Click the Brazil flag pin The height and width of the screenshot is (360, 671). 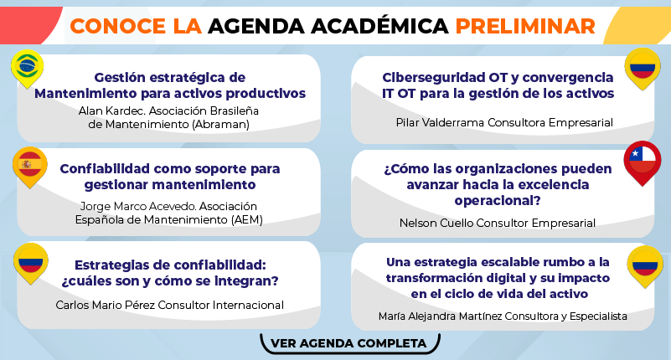pyautogui.click(x=28, y=69)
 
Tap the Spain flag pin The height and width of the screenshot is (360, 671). pyautogui.click(x=29, y=167)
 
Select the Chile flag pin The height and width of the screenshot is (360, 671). pyautogui.click(x=643, y=162)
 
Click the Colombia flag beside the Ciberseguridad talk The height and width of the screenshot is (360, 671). pyautogui.click(x=643, y=69)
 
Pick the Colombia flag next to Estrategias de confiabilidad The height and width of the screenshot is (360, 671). pyautogui.click(x=30, y=263)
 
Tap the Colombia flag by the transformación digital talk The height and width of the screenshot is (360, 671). pyautogui.click(x=645, y=266)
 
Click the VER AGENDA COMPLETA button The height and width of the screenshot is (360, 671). pyautogui.click(x=349, y=343)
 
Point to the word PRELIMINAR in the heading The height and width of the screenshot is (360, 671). pyautogui.click(x=525, y=27)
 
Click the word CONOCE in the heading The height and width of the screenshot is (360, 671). pyautogui.click(x=117, y=27)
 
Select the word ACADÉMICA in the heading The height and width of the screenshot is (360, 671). pyautogui.click(x=379, y=26)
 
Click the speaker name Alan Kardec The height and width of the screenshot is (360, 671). pyautogui.click(x=111, y=111)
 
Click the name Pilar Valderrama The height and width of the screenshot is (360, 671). pyautogui.click(x=441, y=123)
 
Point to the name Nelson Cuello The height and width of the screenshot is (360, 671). pyautogui.click(x=436, y=224)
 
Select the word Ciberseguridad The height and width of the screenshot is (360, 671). pyautogui.click(x=434, y=78)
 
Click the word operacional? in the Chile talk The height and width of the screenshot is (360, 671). pyautogui.click(x=498, y=201)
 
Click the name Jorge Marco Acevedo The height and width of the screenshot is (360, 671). pyautogui.click(x=138, y=207)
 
